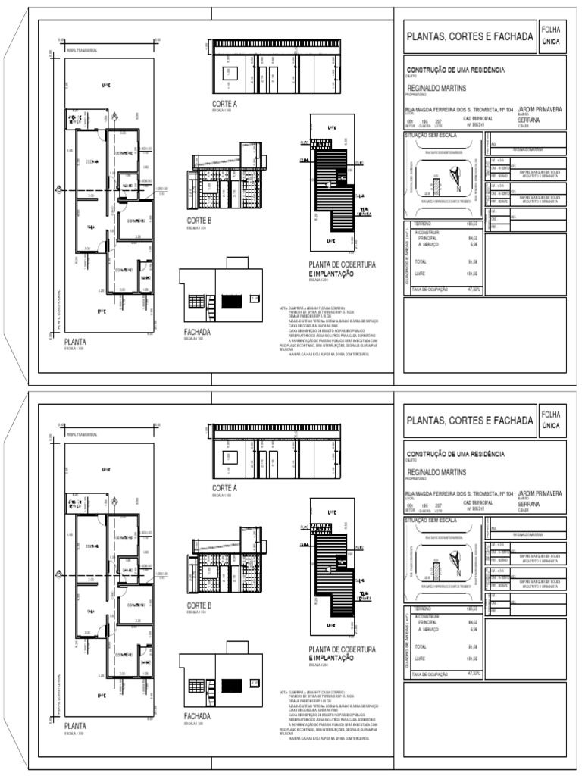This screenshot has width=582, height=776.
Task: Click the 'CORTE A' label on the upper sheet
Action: pyautogui.click(x=224, y=104)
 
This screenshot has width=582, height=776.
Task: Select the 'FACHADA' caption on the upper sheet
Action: pyautogui.click(x=197, y=332)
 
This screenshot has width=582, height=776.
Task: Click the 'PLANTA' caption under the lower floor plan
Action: pyautogui.click(x=75, y=726)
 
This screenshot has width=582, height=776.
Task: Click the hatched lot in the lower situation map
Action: pyautogui.click(x=436, y=571)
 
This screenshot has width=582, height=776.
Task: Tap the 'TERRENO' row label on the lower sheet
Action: pyautogui.click(x=421, y=609)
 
